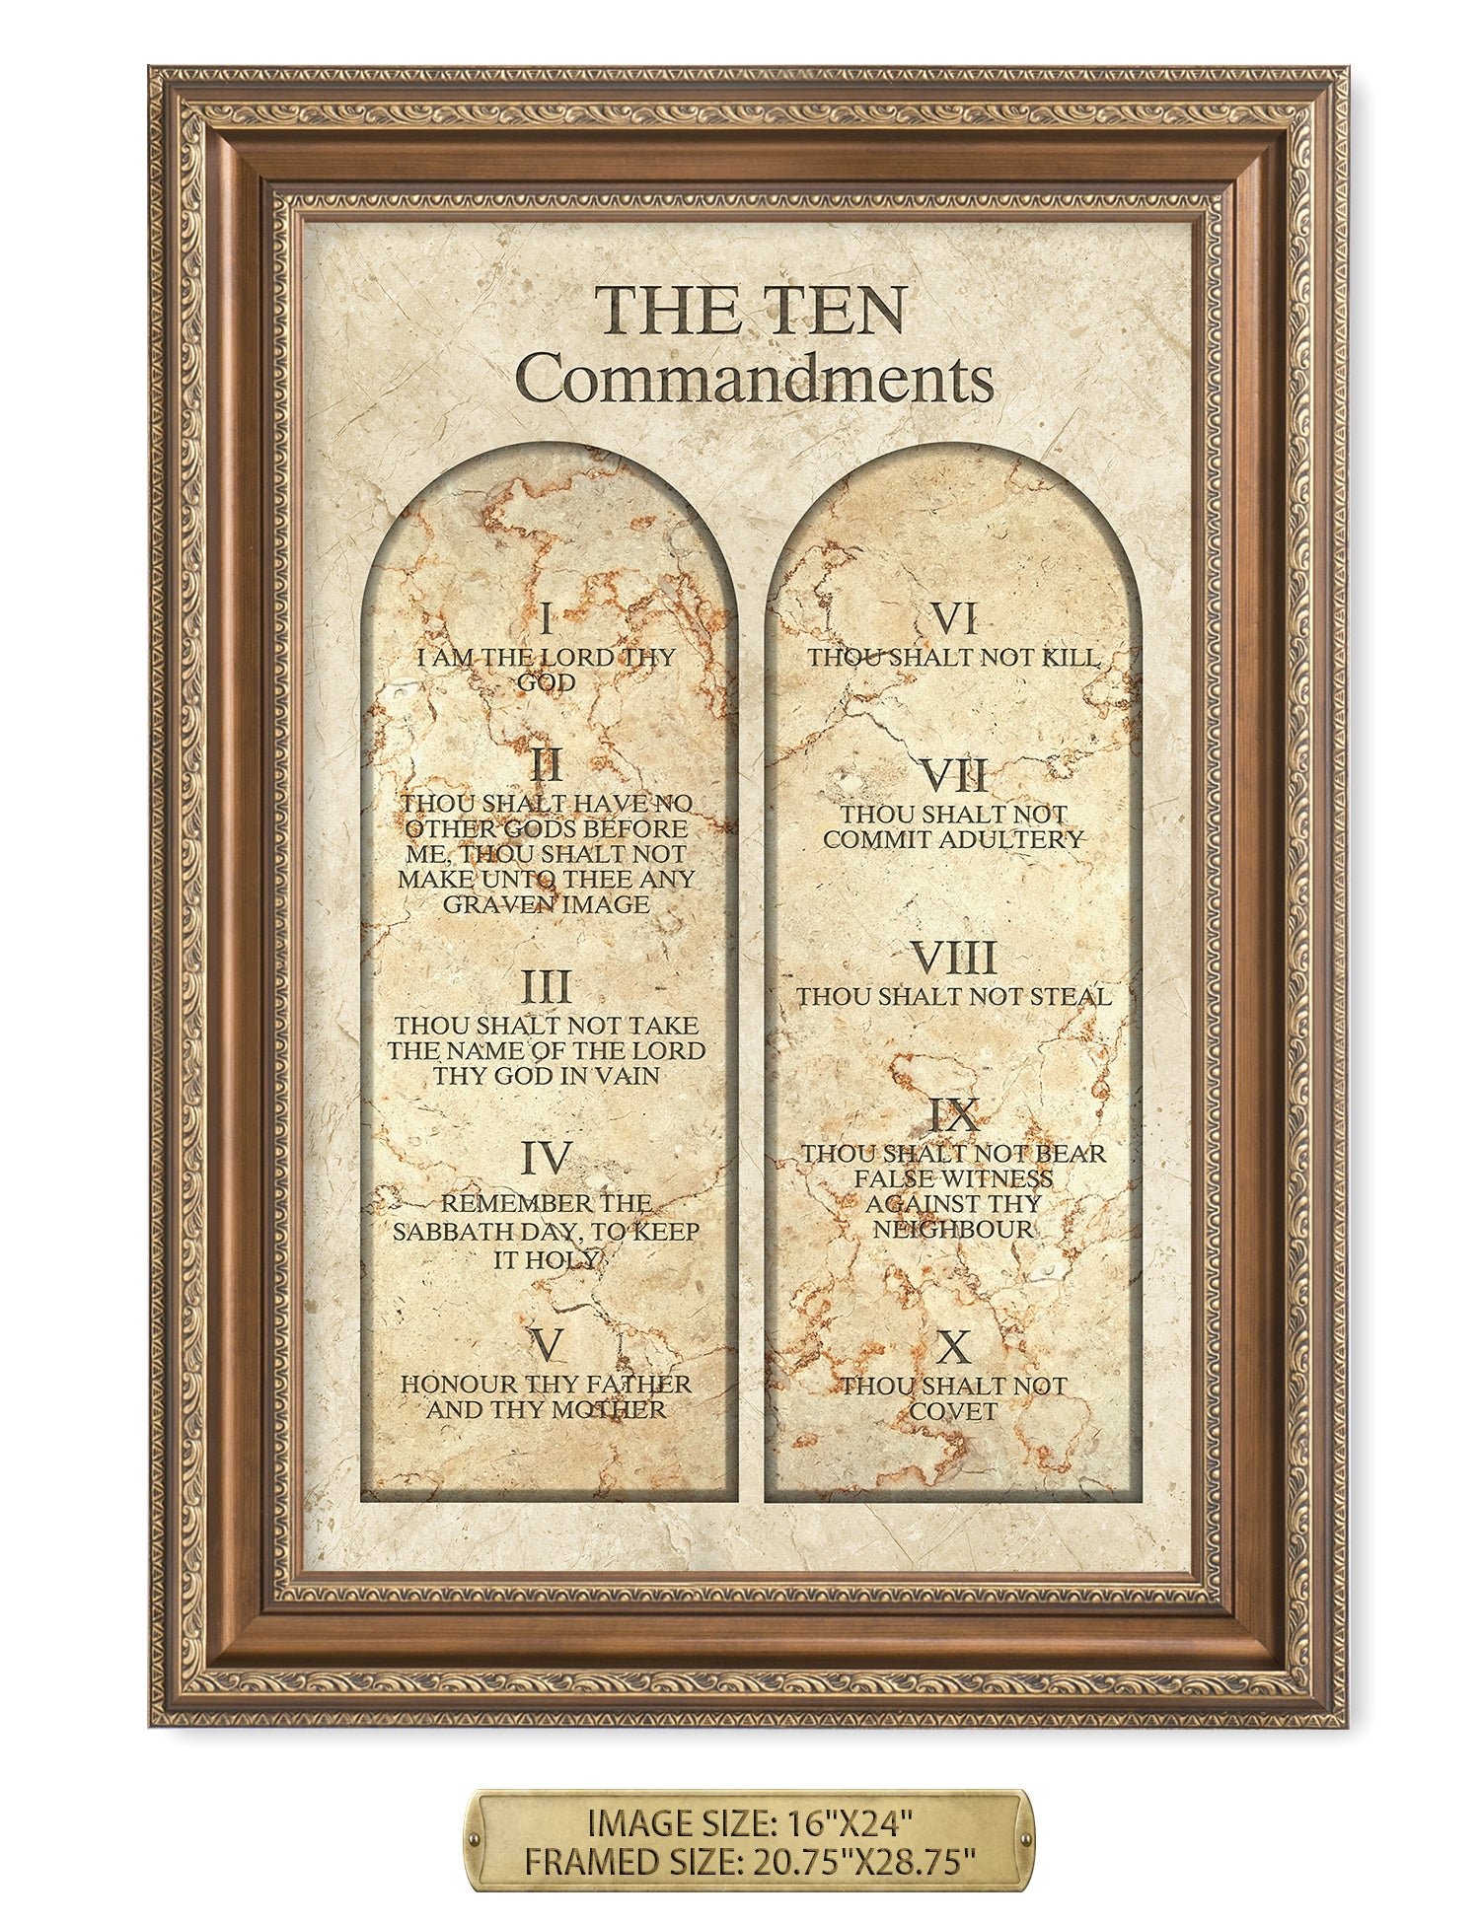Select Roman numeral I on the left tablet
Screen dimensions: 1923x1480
click(546, 621)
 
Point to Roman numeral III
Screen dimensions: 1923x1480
click(546, 987)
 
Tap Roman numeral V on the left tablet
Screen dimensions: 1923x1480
click(546, 1343)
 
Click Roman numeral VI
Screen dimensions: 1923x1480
click(954, 620)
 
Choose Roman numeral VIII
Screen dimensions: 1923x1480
click(954, 958)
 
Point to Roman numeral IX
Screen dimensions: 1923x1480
click(954, 1115)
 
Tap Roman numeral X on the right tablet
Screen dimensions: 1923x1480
click(954, 1345)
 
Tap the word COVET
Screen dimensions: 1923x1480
click(954, 1411)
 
